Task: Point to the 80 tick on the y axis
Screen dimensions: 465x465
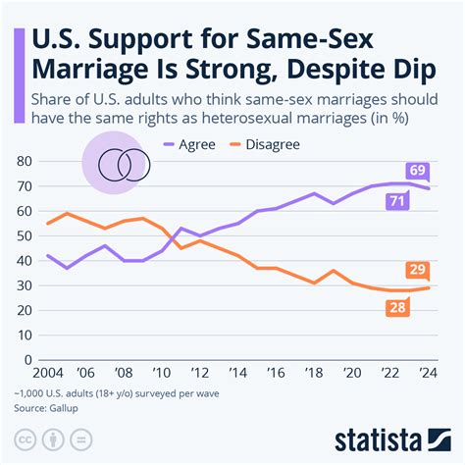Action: (x=24, y=161)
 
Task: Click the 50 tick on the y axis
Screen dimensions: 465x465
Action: (x=24, y=237)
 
